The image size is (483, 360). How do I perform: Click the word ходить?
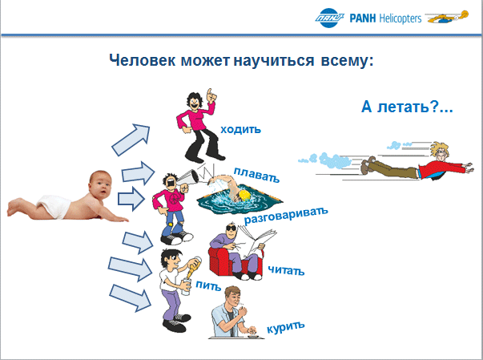240,129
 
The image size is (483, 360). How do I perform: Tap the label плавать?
256,175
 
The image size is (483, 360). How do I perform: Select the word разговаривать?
286,216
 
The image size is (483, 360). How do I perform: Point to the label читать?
286,270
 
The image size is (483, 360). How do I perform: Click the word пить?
208,285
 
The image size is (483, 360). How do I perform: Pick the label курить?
285,326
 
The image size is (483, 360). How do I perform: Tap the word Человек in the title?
143,60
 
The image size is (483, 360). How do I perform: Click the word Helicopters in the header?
400,18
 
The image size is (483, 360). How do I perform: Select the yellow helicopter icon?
447,18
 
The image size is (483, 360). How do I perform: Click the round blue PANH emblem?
329,18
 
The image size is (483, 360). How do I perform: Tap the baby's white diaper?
54,206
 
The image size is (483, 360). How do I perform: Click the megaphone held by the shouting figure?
188,178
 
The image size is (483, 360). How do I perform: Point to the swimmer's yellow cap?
244,196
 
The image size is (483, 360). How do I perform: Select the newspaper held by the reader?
256,240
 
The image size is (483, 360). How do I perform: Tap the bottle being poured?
192,268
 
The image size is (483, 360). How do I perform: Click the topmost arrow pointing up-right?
131,140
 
